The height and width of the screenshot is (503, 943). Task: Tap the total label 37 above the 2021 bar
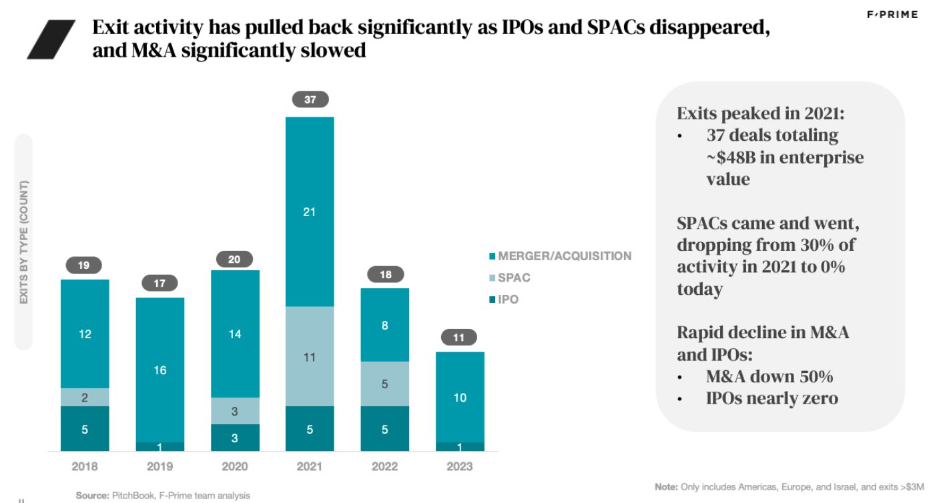click(310, 100)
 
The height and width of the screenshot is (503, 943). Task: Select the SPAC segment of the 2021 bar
click(310, 356)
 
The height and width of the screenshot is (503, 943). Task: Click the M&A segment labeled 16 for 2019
click(160, 370)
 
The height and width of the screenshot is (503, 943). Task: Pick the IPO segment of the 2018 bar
click(85, 429)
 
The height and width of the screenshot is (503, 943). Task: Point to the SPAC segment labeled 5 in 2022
click(384, 384)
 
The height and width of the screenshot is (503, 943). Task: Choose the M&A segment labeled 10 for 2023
click(460, 397)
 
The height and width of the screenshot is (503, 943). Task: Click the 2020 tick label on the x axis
click(234, 467)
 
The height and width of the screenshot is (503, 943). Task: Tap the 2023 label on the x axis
click(459, 467)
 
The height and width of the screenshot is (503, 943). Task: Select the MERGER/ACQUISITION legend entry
click(564, 256)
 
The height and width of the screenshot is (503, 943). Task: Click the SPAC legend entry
click(514, 278)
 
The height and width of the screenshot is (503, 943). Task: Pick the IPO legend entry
click(508, 300)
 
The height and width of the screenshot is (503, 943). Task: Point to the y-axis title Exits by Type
click(24, 241)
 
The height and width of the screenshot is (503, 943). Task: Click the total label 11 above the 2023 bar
click(459, 338)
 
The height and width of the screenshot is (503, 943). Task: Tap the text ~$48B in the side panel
click(741, 157)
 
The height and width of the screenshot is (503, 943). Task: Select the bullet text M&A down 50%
click(769, 376)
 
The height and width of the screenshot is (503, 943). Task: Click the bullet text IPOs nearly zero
click(772, 399)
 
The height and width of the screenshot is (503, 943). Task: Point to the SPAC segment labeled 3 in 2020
click(235, 411)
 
